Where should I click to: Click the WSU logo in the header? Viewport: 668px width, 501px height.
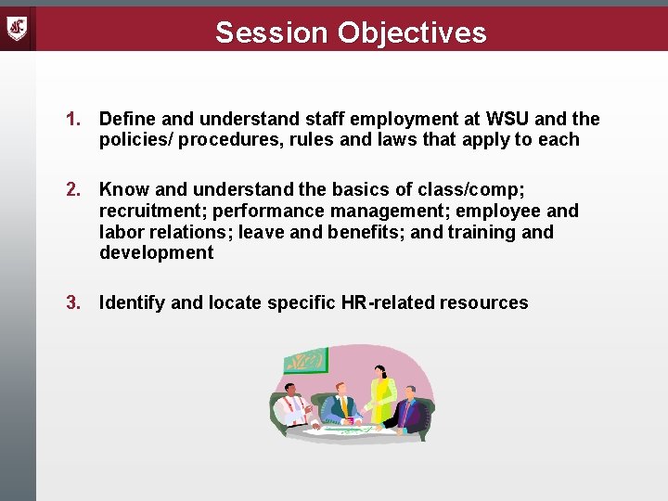click(x=18, y=27)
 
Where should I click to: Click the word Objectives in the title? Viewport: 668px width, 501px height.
click(x=411, y=32)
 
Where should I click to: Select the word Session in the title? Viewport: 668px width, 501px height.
click(x=272, y=32)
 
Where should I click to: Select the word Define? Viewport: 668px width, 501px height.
click(x=127, y=119)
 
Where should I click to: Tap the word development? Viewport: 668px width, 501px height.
click(x=156, y=253)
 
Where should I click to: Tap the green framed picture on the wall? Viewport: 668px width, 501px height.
click(x=306, y=360)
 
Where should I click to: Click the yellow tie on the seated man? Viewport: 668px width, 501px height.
click(x=344, y=406)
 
